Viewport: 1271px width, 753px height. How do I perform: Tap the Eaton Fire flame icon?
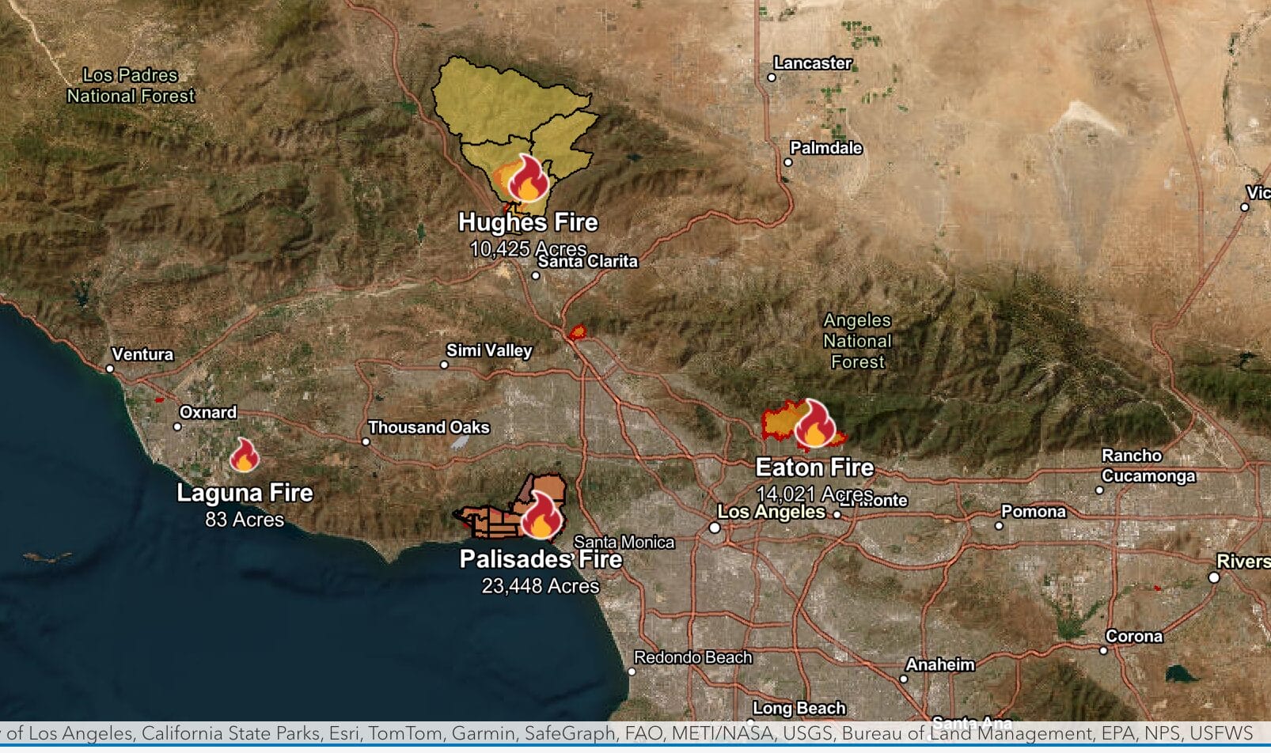point(814,424)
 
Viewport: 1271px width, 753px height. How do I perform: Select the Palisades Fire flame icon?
point(541,515)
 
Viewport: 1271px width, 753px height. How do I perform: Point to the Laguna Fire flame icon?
point(245,456)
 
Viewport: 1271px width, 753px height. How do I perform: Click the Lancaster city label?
point(813,63)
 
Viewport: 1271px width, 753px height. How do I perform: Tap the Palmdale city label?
point(826,148)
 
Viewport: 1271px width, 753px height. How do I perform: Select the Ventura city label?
point(142,354)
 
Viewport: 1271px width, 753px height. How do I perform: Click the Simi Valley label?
point(489,350)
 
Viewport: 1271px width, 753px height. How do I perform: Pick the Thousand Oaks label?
point(428,427)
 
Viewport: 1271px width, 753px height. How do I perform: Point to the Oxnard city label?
point(208,412)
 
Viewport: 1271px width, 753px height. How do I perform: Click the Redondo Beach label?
point(692,657)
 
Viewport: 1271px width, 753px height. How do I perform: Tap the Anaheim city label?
point(940,664)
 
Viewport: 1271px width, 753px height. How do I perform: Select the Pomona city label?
point(1034,512)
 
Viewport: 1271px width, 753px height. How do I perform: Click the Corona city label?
point(1134,637)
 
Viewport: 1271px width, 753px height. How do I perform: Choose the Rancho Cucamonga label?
point(1148,466)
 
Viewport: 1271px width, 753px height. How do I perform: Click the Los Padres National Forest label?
point(131,85)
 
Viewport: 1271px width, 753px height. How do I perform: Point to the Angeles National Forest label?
point(858,341)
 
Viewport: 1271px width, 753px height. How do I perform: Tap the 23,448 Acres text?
point(541,586)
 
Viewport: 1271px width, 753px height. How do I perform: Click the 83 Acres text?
point(245,520)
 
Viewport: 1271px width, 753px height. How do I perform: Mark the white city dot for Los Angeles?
point(715,528)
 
